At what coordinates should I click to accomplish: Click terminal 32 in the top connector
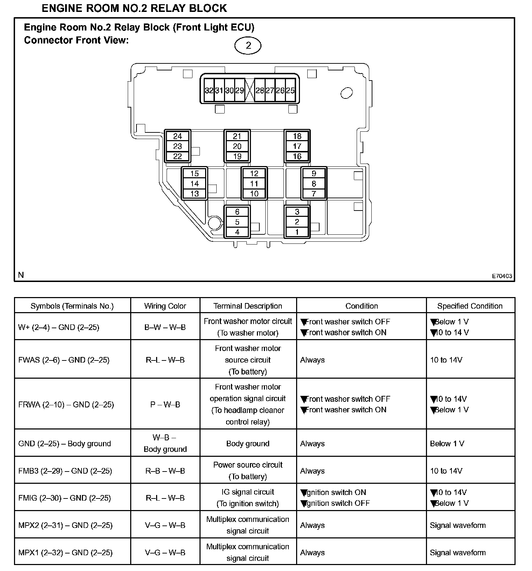pyautogui.click(x=209, y=90)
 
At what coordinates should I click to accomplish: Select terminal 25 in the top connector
pyautogui.click(x=290, y=90)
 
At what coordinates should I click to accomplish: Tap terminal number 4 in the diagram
pyautogui.click(x=237, y=232)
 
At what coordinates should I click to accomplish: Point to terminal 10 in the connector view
pyautogui.click(x=254, y=193)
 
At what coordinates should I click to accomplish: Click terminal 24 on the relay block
pyautogui.click(x=177, y=136)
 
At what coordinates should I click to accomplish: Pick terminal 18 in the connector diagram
pyautogui.click(x=297, y=136)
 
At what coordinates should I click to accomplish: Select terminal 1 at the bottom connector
pyautogui.click(x=297, y=232)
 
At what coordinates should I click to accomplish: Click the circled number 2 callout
pyautogui.click(x=248, y=46)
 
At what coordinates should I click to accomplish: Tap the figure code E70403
pyautogui.click(x=502, y=276)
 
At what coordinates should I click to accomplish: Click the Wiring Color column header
pyautogui.click(x=165, y=306)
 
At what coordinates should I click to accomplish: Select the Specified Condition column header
pyautogui.click(x=470, y=306)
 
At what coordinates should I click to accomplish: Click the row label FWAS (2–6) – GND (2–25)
pyautogui.click(x=64, y=360)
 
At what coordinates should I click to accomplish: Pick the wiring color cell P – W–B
pyautogui.click(x=165, y=405)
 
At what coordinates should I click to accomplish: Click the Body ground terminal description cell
pyautogui.click(x=248, y=443)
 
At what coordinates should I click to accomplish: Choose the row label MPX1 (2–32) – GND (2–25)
pyautogui.click(x=65, y=552)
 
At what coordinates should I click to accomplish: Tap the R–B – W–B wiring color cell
pyautogui.click(x=165, y=471)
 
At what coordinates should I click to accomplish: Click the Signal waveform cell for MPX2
pyautogui.click(x=458, y=525)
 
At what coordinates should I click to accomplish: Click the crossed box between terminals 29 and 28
pyautogui.click(x=249, y=90)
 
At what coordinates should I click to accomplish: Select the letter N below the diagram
pyautogui.click(x=21, y=275)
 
